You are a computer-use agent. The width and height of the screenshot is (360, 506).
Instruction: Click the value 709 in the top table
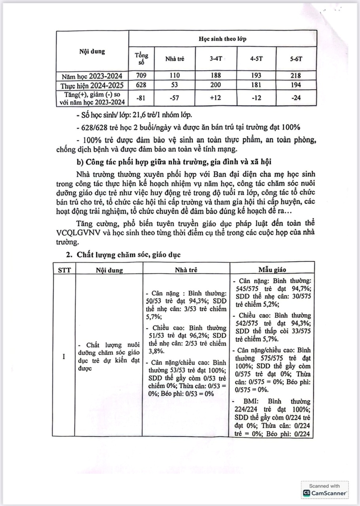(141, 75)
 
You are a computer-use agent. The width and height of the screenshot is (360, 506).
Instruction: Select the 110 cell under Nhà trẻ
(174, 75)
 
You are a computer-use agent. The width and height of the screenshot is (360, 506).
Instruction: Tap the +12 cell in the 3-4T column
(215, 98)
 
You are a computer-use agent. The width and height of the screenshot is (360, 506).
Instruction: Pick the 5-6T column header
(296, 59)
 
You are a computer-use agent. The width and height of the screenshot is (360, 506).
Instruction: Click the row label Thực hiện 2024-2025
(92, 85)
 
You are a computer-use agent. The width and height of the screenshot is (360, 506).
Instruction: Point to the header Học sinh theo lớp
(222, 39)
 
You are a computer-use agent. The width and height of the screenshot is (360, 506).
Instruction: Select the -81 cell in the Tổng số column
(141, 98)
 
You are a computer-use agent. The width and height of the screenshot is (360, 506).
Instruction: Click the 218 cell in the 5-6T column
(295, 75)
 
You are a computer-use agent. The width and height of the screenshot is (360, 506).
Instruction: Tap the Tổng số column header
(141, 59)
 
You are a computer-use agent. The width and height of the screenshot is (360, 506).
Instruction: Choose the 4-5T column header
(256, 59)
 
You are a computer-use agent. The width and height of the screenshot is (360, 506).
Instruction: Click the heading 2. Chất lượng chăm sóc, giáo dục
(123, 255)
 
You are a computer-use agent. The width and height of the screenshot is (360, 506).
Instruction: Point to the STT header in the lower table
(64, 270)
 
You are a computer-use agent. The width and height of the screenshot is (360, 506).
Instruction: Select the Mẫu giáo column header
(272, 269)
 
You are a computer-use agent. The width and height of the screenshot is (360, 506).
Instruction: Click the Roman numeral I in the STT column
(64, 356)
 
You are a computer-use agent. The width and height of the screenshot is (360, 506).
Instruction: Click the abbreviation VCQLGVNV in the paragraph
(77, 233)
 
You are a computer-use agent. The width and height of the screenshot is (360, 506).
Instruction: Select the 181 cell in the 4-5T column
(256, 85)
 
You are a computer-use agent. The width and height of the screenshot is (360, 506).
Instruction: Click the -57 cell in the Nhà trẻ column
(174, 98)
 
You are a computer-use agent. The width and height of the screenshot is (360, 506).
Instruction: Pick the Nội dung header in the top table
(92, 51)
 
